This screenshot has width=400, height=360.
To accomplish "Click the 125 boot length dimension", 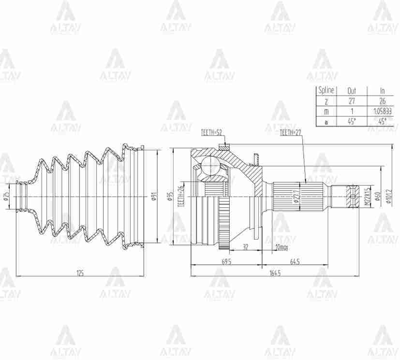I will click(80, 273).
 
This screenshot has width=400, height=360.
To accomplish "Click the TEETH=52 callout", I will click(211, 133).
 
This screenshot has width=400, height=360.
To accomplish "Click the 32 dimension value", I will click(246, 247).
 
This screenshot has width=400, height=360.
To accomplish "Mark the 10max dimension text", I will click(281, 247).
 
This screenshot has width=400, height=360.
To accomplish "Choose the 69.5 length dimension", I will click(226, 261).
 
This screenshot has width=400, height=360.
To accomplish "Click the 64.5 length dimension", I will click(295, 261).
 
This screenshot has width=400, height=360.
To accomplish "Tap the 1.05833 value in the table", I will click(382, 111).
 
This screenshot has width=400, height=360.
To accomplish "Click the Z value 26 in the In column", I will click(382, 101).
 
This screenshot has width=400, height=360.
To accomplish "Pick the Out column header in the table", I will click(352, 90).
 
